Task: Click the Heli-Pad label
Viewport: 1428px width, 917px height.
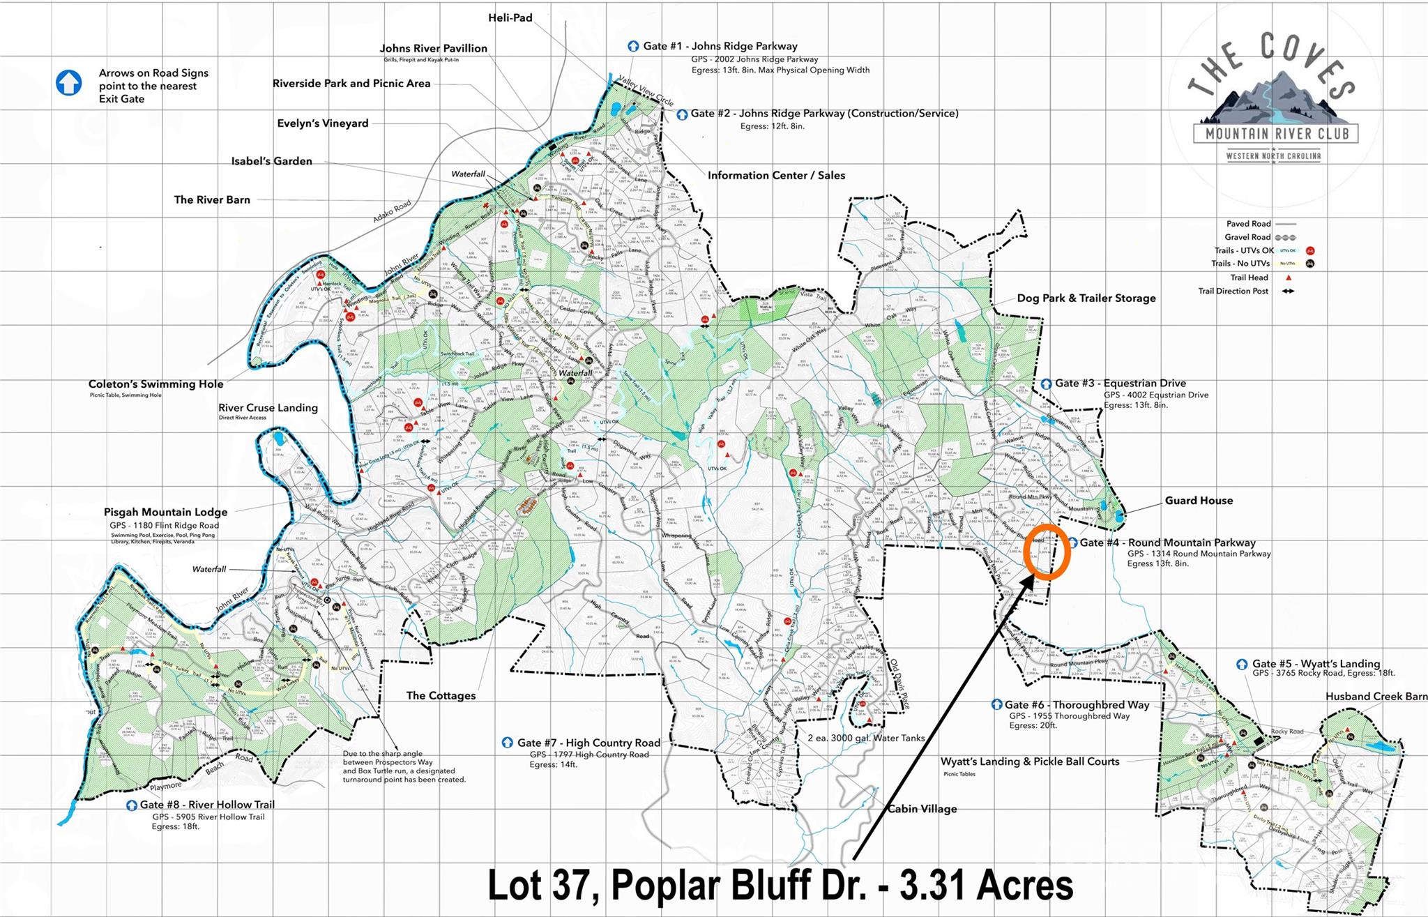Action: coord(510,18)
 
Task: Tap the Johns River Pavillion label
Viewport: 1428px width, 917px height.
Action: coord(433,48)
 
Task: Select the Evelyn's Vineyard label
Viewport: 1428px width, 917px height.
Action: coord(323,123)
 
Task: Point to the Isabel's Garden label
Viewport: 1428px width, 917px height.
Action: coord(272,161)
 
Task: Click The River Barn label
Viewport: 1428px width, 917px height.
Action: coord(212,200)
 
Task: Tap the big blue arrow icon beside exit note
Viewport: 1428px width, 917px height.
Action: coord(69,82)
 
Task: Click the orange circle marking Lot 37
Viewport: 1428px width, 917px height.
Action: coord(1048,552)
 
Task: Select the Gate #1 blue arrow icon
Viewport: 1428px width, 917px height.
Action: coord(633,46)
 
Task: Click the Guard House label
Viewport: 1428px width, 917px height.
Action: coord(1199,501)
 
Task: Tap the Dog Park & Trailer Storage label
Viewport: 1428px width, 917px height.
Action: coord(1086,298)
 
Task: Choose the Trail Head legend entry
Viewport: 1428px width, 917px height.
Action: coord(1249,278)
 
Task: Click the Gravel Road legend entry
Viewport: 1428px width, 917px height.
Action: coord(1248,237)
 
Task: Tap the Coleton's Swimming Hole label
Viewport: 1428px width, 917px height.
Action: coord(155,384)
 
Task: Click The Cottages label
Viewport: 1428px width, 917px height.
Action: coord(441,696)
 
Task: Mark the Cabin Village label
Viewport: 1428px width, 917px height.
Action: coord(922,809)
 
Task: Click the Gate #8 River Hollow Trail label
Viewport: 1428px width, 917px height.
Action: coord(207,805)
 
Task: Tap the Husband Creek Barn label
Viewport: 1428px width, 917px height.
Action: coord(1376,697)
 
